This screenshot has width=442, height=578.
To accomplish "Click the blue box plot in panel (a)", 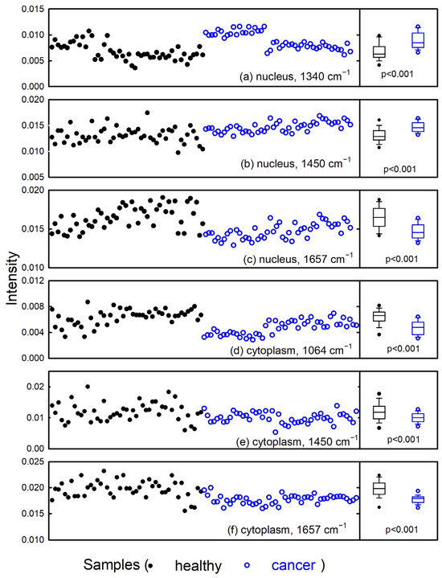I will tap(418, 40).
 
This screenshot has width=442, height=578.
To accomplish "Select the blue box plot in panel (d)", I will tap(418, 327).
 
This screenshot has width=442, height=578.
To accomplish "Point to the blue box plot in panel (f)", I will tap(418, 499).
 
